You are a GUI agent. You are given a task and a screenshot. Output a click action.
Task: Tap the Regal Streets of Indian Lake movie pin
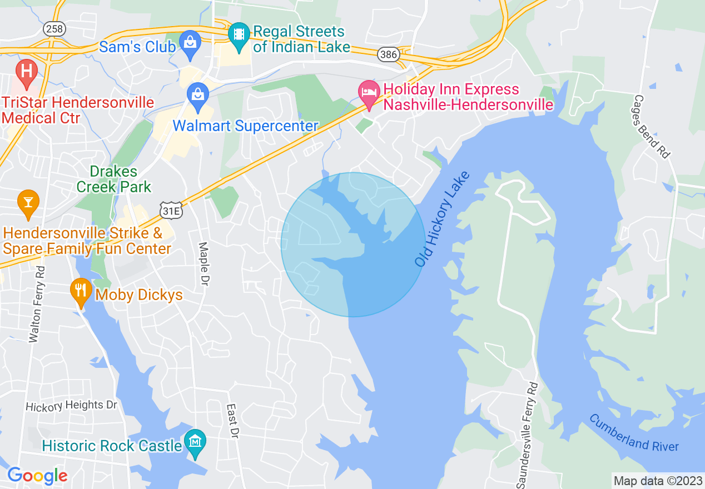point(239,35)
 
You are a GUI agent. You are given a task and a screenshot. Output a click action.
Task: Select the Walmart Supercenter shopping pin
point(197,94)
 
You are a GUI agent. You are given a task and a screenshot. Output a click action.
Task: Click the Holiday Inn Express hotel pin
point(368,91)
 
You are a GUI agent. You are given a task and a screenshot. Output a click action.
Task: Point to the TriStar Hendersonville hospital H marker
point(26,71)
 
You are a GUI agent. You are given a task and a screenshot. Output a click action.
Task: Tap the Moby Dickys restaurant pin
point(81,291)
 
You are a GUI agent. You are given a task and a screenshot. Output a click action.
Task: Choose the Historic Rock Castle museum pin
point(196,442)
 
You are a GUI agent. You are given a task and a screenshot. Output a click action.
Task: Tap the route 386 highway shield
point(387,54)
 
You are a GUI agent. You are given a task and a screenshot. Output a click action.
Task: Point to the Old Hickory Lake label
point(443,219)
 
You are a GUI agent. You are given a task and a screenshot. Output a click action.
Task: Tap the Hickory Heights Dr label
point(72,406)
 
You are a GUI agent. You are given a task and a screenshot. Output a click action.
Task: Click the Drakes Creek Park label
point(114,179)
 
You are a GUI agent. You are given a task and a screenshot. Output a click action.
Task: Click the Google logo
point(37,476)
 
